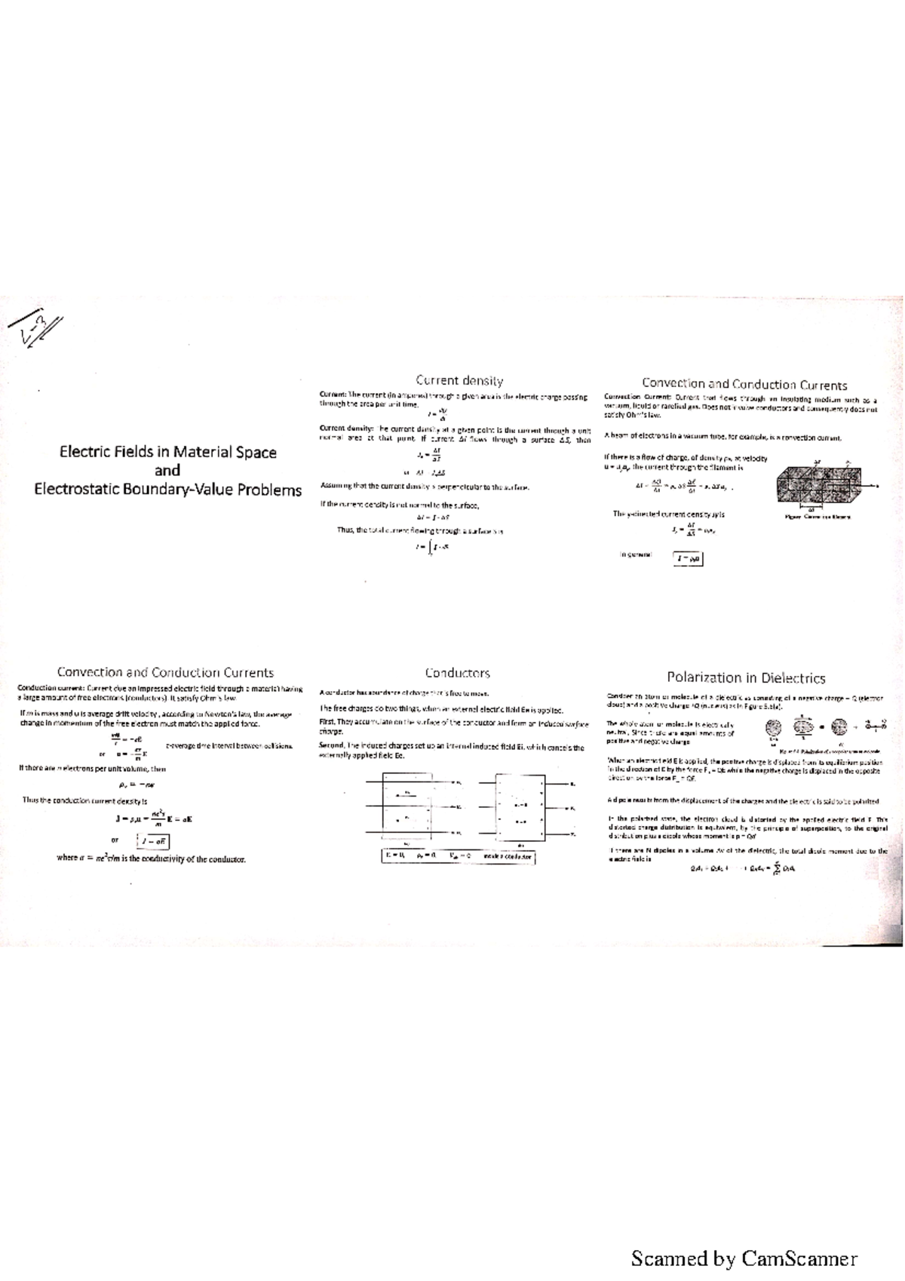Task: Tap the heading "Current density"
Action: [x=459, y=381]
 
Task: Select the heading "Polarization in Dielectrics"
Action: [x=746, y=677]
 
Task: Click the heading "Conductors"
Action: [x=457, y=672]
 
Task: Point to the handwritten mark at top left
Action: [x=35, y=328]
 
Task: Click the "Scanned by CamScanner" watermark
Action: [x=744, y=1258]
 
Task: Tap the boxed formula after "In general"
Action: [x=689, y=558]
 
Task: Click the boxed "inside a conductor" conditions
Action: [x=458, y=856]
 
